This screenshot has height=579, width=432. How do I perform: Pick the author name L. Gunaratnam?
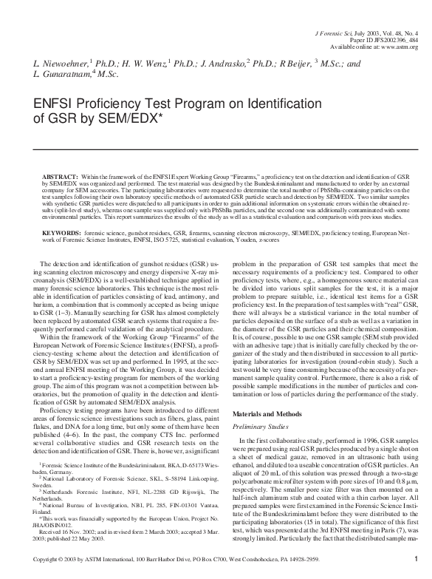click(x=64, y=75)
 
